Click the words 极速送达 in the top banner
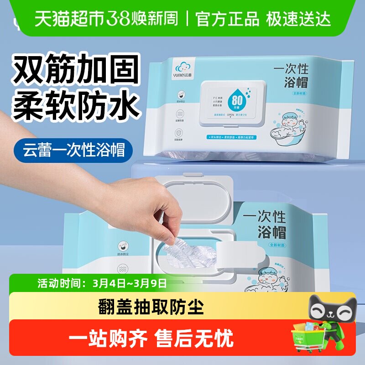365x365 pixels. [x=302, y=19]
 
